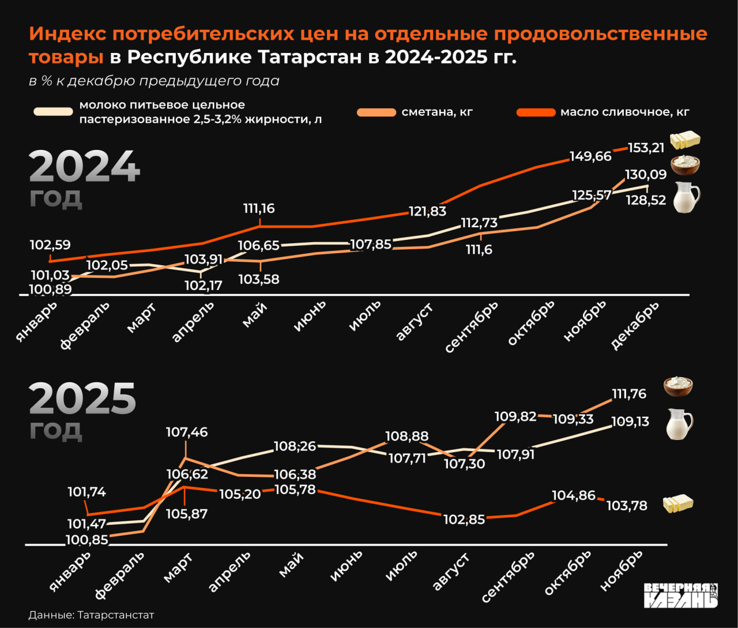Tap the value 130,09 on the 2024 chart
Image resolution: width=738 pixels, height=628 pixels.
pos(646,174)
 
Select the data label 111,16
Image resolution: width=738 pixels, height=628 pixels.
pos(259,208)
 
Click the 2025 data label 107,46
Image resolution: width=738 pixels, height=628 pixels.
pos(186,432)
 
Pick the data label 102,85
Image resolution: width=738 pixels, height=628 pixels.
pos(465,519)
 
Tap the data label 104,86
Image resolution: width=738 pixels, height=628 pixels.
pos(573,495)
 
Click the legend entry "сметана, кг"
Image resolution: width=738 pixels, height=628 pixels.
pos(437,112)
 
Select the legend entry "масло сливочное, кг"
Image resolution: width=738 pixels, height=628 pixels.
pos(624,112)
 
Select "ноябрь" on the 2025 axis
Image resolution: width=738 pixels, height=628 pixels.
pos(621,570)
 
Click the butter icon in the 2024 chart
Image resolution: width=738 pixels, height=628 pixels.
pos(685,140)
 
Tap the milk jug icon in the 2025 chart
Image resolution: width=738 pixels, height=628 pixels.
pos(679,424)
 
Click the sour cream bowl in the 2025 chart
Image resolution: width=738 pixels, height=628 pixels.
pos(678,386)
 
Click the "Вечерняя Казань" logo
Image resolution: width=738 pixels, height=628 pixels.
pos(681,595)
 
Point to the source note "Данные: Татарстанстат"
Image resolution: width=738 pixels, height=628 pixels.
pos(91,615)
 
